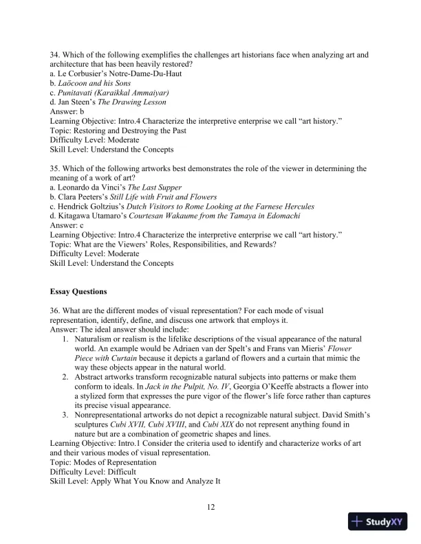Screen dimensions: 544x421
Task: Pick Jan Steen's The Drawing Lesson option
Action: tap(109, 102)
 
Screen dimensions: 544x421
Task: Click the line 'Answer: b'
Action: tap(67, 111)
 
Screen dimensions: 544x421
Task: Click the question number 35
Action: tap(56, 168)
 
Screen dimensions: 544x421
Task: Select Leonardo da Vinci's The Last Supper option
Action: tap(116, 187)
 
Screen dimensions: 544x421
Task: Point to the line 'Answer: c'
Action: tap(67, 225)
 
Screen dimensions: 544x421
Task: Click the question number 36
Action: tap(56, 310)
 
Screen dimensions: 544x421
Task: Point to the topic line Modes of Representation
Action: tap(102, 463)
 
